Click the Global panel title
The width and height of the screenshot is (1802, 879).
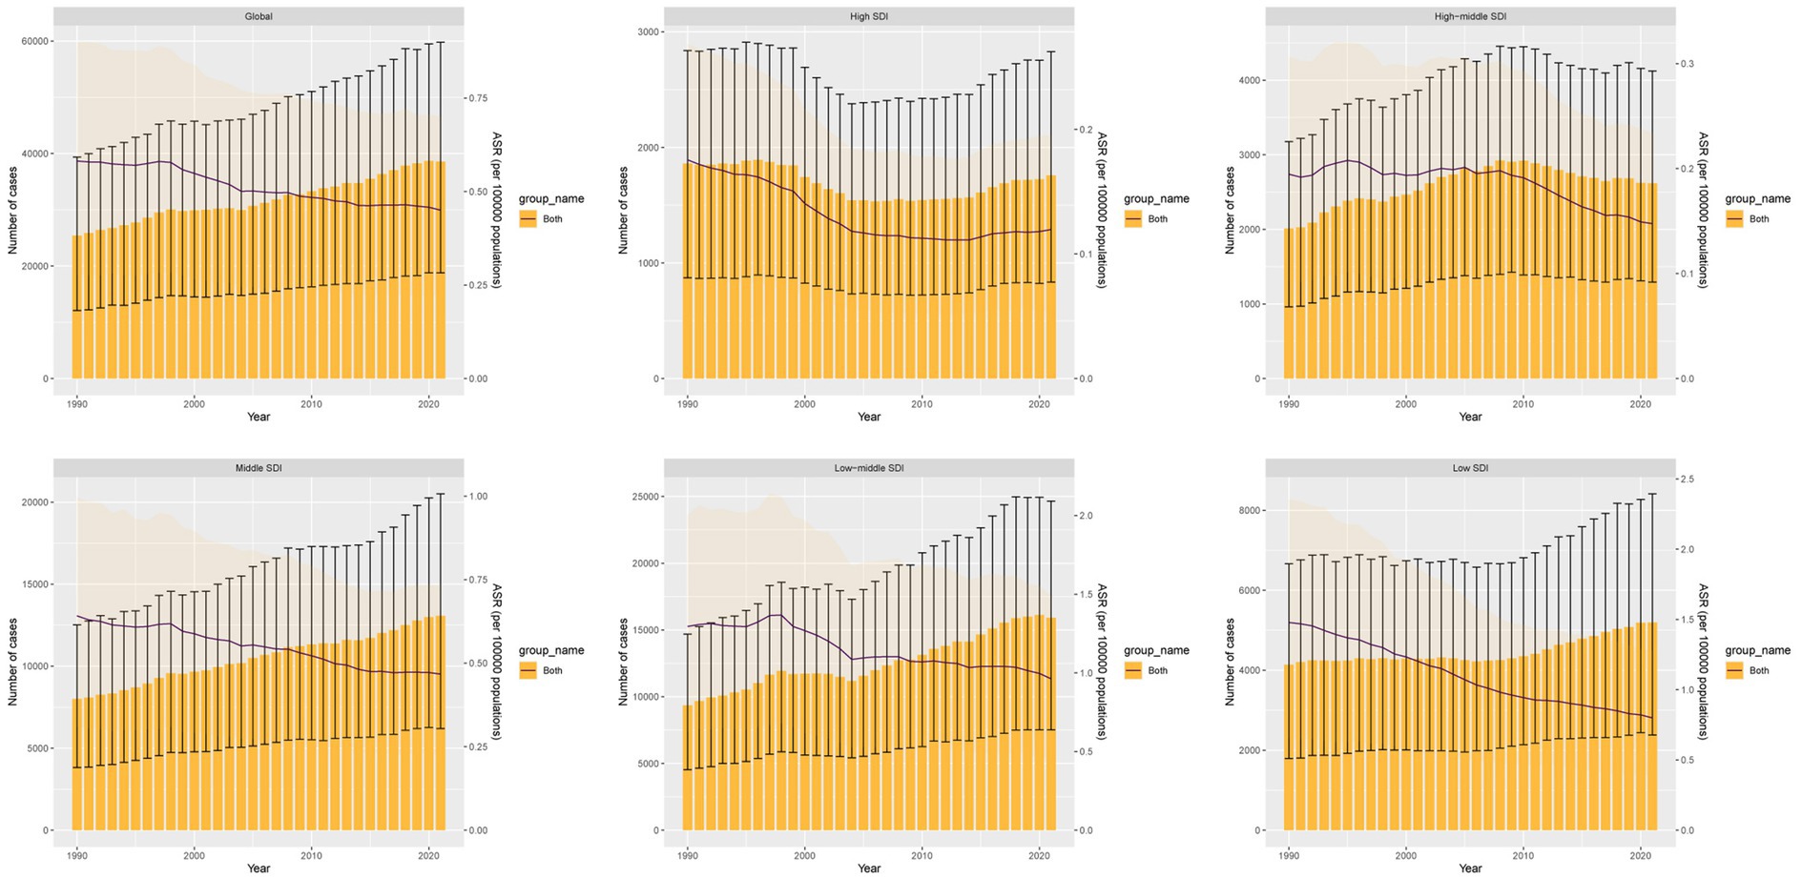(258, 16)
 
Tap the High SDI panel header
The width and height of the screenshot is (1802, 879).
(868, 16)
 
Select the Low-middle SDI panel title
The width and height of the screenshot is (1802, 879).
(868, 468)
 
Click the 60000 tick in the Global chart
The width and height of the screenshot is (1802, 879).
(35, 41)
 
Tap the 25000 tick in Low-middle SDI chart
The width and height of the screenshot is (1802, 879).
(646, 497)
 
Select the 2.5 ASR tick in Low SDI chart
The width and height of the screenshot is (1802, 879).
(1688, 479)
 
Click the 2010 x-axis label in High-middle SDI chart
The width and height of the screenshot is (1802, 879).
(1523, 404)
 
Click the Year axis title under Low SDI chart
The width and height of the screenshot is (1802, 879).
(1470, 868)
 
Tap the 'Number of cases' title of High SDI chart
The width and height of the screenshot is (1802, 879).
(623, 210)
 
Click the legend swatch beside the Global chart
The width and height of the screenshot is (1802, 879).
(528, 219)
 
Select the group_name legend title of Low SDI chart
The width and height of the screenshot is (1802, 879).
(1757, 650)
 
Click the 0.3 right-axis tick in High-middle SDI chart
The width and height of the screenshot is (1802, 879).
(1688, 64)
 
